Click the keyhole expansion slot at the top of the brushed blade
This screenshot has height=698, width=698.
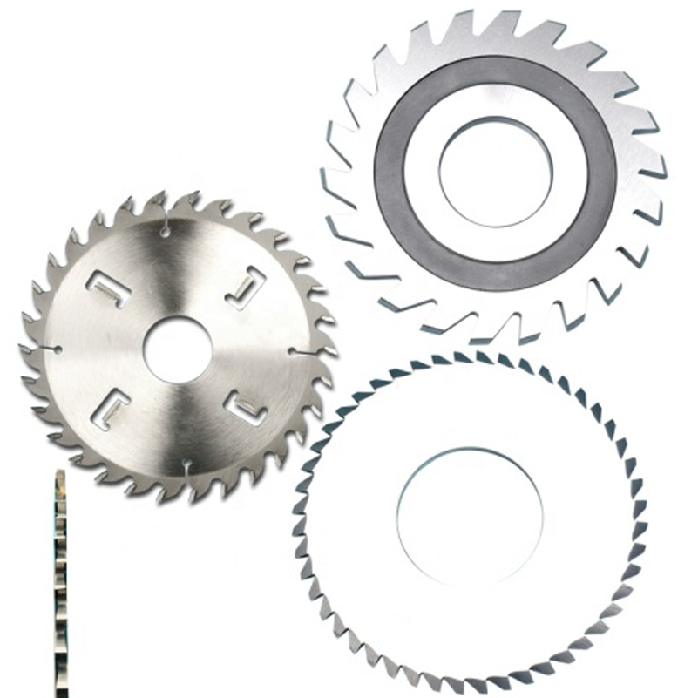(165, 227)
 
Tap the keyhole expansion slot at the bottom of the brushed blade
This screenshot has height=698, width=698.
(186, 471)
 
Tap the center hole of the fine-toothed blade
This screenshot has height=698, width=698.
(471, 515)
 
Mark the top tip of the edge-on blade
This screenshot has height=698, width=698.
(59, 473)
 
